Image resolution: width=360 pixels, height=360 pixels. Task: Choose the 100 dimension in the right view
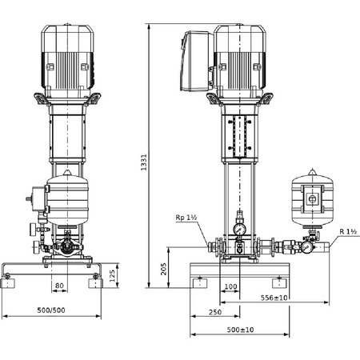pos(230,286)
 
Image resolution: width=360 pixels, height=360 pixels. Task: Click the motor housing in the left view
pos(67,56)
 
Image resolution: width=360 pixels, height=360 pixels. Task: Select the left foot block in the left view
pos(10,281)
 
